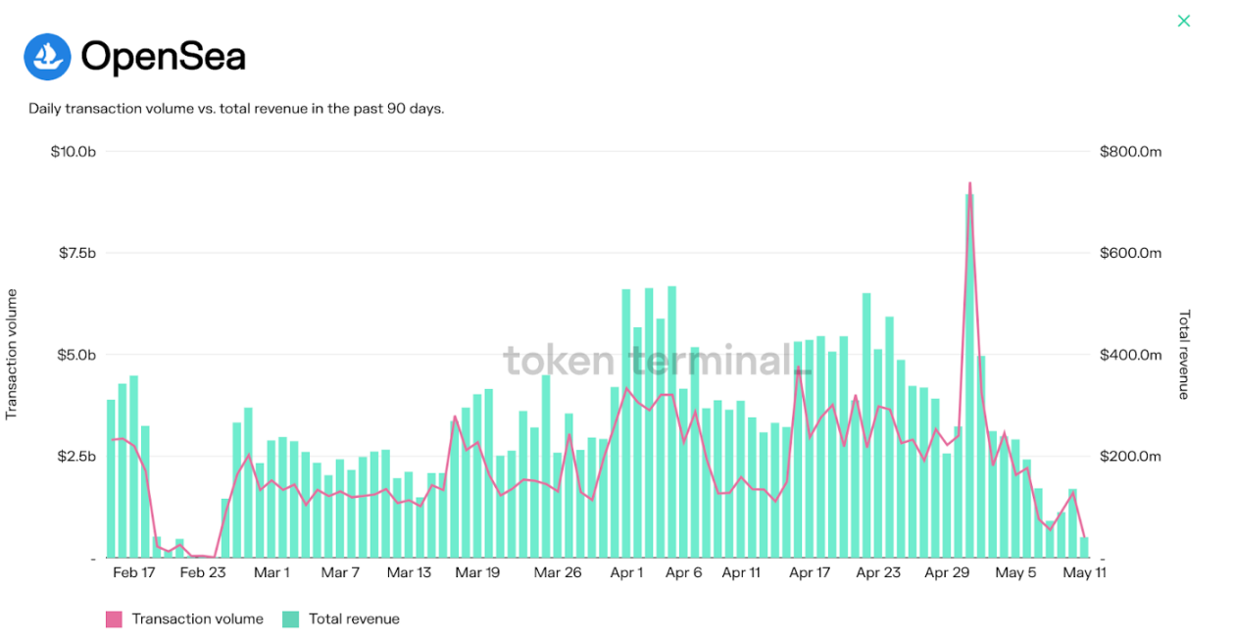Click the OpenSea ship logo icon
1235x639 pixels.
47,57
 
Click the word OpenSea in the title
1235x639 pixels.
163,57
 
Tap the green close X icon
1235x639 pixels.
1184,21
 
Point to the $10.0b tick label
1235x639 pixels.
74,152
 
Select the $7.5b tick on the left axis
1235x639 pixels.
76,253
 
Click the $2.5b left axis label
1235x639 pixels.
76,457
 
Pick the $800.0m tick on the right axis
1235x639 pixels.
1130,152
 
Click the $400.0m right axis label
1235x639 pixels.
1130,355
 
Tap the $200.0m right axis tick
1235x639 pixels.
1130,457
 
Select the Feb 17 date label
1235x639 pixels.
134,573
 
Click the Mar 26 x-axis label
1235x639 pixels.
560,573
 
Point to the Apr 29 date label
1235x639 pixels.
947,573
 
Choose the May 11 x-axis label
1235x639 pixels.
1085,573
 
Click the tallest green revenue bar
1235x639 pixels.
969,372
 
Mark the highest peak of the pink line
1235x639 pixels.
969,183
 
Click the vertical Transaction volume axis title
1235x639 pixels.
13,354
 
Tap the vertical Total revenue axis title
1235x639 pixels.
1184,354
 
